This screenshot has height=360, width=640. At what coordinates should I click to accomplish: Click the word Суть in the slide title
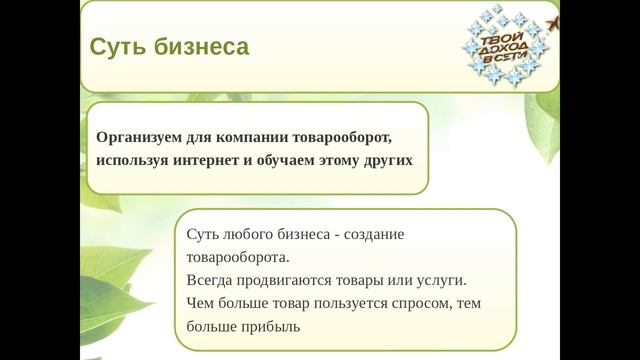coord(113,47)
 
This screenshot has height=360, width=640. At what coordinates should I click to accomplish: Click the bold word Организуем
coord(141,137)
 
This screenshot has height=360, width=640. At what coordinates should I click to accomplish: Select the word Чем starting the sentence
coord(200,303)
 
